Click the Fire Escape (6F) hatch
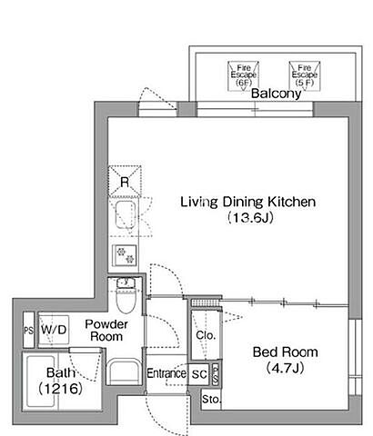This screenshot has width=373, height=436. tap(243, 75)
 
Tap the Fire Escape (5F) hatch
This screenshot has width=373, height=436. tap(305, 75)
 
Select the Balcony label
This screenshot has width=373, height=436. tap(276, 94)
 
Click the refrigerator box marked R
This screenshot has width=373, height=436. tap(125, 182)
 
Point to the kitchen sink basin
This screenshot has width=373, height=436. tap(125, 215)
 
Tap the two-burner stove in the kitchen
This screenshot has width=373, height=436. tap(125, 255)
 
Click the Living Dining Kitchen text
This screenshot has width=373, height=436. tap(248, 203)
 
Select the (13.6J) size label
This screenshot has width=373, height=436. tap(250, 218)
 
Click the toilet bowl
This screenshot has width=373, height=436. tap(126, 300)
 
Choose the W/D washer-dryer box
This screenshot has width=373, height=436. tap(54, 330)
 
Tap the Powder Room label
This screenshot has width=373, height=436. tap(106, 331)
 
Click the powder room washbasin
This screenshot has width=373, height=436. tap(125, 372)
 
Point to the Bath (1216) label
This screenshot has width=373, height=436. tap(61, 381)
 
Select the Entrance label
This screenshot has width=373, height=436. tap(166, 373)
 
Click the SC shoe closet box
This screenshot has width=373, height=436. tap(199, 374)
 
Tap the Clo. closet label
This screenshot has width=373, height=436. tap(206, 335)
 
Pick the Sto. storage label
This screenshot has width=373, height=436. tap(211, 400)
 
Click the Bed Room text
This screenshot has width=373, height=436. tap(286, 352)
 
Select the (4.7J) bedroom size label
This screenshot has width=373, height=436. tap(286, 368)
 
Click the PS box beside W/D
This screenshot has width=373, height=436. tap(28, 330)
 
